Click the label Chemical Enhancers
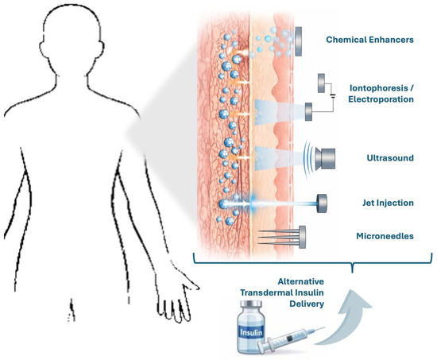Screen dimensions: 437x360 tap(369, 40)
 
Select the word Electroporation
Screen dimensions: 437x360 tap(381, 99)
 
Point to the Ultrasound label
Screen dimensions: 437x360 tap(390, 158)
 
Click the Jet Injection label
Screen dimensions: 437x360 tap(388, 203)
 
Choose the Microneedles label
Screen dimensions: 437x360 tap(385, 236)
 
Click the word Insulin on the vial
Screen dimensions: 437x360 tap(251, 332)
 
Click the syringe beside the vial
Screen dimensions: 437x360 tap(290, 340)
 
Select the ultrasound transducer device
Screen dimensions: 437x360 tap(325, 159)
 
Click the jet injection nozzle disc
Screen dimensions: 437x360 tap(322, 203)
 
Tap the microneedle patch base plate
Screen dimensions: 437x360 tap(302, 237)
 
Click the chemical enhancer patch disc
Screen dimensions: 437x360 tap(298, 41)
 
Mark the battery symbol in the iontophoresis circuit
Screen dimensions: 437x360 tap(332, 95)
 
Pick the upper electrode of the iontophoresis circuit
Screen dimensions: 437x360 tap(321, 83)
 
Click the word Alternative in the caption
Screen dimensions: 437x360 tap(300, 281)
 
